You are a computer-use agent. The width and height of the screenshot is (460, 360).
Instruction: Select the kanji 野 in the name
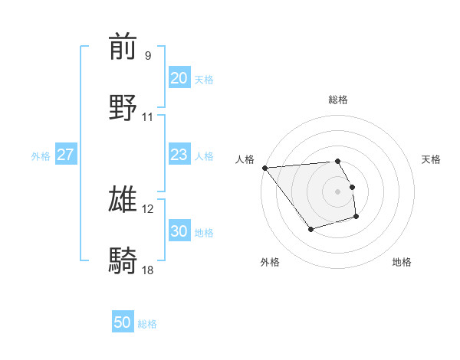[123, 106]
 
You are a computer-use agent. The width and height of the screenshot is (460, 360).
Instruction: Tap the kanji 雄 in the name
[123, 198]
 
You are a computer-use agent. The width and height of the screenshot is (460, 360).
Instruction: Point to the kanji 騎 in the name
[123, 260]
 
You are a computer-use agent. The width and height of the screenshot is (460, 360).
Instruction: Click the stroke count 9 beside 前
[148, 56]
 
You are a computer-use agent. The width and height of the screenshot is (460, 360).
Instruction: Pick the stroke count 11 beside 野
[148, 117]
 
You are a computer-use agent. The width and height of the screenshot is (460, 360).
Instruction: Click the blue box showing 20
[179, 78]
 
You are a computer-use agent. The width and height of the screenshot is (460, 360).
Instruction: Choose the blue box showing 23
[179, 155]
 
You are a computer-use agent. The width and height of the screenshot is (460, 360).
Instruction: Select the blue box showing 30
[179, 231]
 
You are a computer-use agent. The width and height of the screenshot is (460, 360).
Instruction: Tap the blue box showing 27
[66, 155]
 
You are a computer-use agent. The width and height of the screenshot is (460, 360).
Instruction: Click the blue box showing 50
[123, 323]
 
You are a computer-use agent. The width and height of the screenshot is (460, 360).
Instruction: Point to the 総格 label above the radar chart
[338, 100]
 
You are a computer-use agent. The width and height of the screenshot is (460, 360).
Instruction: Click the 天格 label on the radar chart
[432, 159]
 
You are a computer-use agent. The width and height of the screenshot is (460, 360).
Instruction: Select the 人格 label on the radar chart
[245, 159]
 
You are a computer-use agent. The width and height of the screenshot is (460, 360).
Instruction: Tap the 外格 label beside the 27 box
[41, 156]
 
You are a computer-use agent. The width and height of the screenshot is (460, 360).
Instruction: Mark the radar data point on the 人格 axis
[264, 168]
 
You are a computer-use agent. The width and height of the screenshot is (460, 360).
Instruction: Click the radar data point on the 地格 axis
[356, 217]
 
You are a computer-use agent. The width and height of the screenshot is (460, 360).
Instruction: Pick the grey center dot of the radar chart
[338, 191]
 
